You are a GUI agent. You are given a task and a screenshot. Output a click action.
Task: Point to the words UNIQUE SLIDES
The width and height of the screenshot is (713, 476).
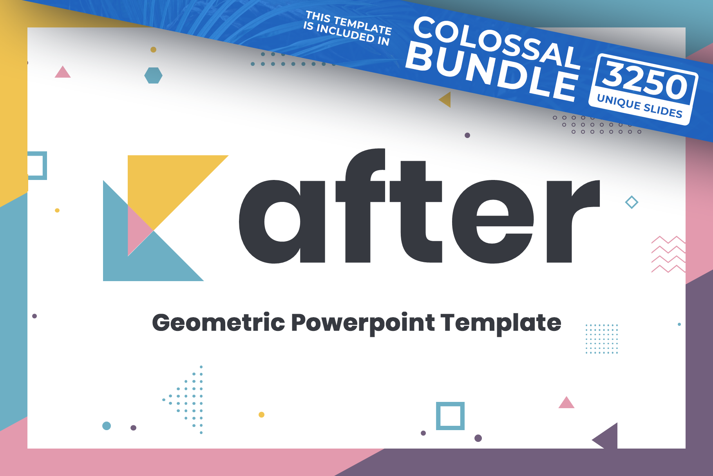pos(640,106)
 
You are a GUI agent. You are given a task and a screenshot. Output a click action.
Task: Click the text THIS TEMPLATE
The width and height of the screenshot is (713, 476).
pos(349,23)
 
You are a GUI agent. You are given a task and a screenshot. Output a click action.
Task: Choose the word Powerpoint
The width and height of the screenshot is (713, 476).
pos(363,323)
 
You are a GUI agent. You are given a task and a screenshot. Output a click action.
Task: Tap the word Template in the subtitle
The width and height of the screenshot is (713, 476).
pos(501,323)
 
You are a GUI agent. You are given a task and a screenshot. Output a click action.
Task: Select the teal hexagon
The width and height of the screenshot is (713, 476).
pos(154,75)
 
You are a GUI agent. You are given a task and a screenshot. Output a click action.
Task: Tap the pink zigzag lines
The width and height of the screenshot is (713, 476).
pos(668,254)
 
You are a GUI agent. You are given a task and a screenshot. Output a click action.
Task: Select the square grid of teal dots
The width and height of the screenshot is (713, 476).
pos(602,339)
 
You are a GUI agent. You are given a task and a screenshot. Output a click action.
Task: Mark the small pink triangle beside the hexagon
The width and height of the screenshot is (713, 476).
pos(63,72)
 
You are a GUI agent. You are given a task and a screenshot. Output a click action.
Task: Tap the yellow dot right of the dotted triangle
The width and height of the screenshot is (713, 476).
pos(261,414)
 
